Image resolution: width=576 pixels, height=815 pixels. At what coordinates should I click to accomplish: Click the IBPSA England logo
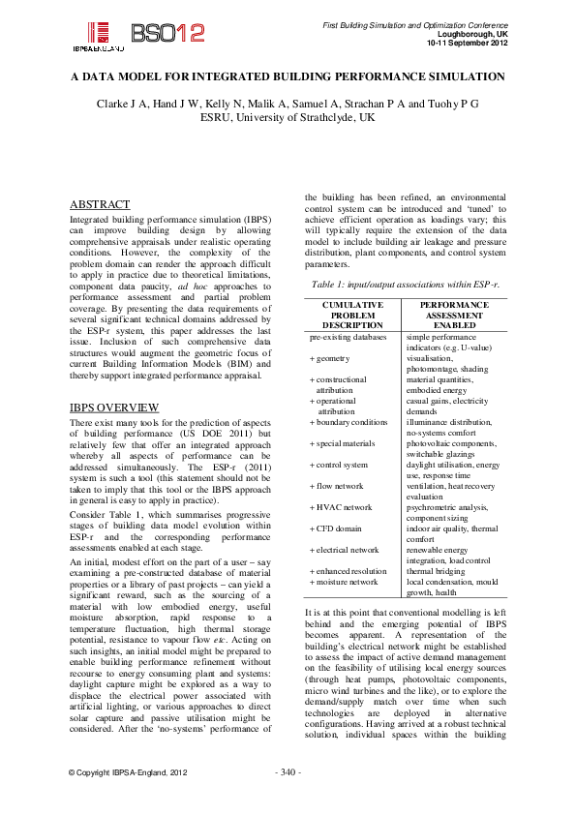pyautogui.click(x=97, y=36)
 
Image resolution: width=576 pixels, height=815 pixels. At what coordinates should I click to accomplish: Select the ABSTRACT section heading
pyautogui.click(x=100, y=205)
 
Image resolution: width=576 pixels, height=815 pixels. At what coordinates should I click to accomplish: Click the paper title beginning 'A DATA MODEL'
pyautogui.click(x=288, y=76)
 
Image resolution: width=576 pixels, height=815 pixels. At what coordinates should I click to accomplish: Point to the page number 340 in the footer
pyautogui.click(x=288, y=799)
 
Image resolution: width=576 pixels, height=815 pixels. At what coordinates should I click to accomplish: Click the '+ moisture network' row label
pyautogui.click(x=344, y=582)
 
